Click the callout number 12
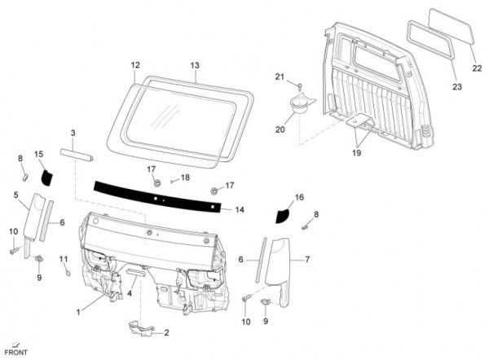point(135,64)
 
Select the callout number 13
point(195,64)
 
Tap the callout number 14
point(240,210)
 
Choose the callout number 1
point(78,312)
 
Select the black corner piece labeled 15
point(46,174)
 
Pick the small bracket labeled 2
point(140,330)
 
